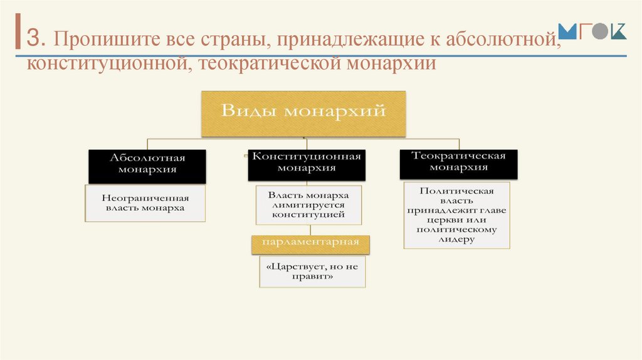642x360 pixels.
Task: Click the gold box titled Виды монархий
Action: click(303, 114)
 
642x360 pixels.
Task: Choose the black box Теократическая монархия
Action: click(459, 162)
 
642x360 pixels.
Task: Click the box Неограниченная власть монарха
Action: click(145, 203)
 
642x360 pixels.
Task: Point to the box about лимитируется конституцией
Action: click(308, 205)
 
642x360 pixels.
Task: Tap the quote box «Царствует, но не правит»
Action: click(312, 271)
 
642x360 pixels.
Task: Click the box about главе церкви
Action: click(456, 215)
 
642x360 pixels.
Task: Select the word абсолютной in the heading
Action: click(502, 40)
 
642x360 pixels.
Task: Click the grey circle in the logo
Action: click(600, 33)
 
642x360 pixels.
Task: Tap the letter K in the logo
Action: click(618, 31)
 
